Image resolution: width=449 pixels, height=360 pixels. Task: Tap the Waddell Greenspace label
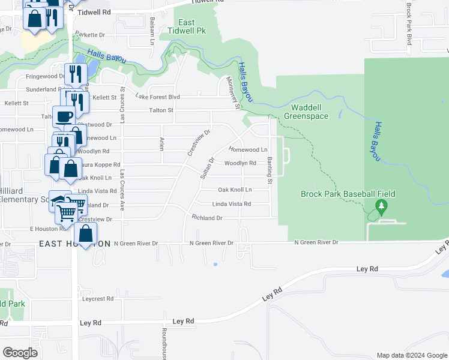306,112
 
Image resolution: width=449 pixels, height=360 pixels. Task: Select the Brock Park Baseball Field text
348,194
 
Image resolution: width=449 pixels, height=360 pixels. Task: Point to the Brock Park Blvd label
409,24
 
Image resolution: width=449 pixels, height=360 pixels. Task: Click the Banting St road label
270,170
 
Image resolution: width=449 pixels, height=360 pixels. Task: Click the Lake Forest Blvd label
158,97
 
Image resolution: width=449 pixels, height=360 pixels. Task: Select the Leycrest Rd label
98,298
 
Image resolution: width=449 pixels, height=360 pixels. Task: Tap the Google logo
20,352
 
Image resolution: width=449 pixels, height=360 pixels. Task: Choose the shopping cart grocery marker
69,209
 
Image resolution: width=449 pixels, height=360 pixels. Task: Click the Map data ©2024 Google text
412,355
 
